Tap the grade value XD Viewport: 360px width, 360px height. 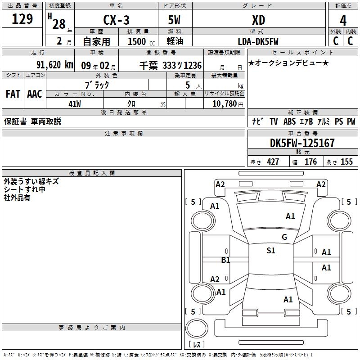[x=258, y=20]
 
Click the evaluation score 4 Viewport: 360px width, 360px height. [x=343, y=21]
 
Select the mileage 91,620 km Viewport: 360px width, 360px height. [x=54, y=65]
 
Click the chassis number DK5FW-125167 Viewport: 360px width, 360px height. [x=302, y=143]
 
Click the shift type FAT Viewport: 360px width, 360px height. [x=13, y=94]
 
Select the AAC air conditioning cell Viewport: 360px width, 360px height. [x=34, y=94]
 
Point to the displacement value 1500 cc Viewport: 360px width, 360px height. [x=140, y=41]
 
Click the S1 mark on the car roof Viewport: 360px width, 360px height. [x=271, y=251]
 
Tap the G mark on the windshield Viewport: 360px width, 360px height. [x=284, y=237]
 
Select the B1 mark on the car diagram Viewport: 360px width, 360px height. [x=225, y=260]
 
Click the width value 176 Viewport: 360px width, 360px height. [x=310, y=162]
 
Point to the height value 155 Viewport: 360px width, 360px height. [x=346, y=162]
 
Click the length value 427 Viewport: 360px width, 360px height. [x=273, y=162]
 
